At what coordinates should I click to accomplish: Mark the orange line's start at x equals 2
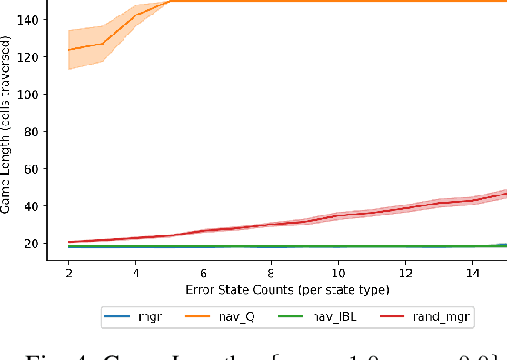(69, 50)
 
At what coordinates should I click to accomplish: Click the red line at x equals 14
(472, 199)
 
